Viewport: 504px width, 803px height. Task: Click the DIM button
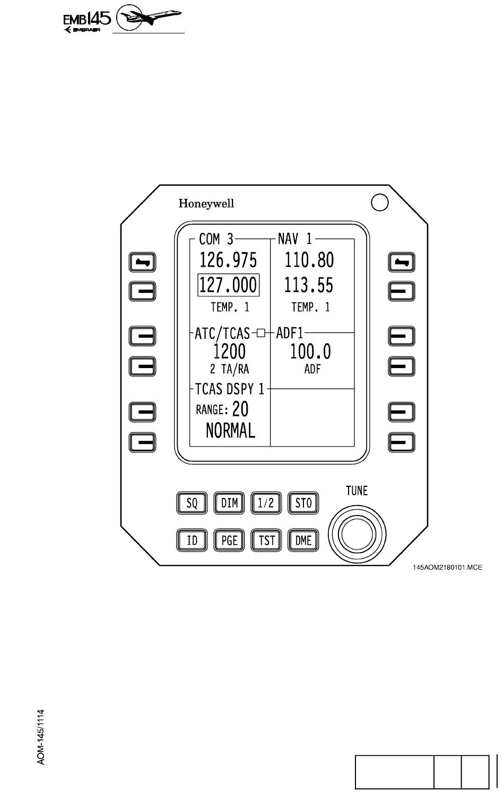[x=229, y=503]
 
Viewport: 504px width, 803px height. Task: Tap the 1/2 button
[x=266, y=503]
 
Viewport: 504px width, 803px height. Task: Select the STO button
[x=303, y=503]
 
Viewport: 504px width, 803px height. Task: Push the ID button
[x=192, y=540]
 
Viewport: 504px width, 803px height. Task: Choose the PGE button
[x=229, y=540]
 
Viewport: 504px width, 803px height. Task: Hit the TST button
[x=266, y=540]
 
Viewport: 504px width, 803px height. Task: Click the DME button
[x=303, y=540]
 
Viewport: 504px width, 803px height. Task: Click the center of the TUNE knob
[x=357, y=534]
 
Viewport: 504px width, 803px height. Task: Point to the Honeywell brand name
[x=206, y=203]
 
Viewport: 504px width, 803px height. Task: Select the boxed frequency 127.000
[x=228, y=285]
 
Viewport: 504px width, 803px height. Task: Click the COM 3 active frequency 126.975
[x=228, y=260]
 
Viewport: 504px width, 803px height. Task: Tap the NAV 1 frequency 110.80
[x=309, y=260]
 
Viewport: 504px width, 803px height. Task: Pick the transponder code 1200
[x=229, y=351]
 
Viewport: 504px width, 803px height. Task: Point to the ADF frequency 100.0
[x=310, y=351]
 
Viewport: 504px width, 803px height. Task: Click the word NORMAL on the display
[x=230, y=430]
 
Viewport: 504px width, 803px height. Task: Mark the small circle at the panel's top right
[x=380, y=203]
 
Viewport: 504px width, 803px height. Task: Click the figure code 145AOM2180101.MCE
[x=447, y=568]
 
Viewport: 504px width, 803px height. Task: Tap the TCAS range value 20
[x=240, y=409]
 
